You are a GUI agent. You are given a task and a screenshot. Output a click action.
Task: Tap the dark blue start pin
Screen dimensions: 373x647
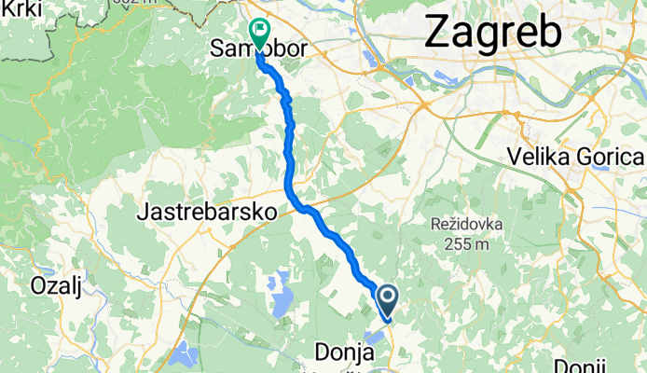tap(387, 298)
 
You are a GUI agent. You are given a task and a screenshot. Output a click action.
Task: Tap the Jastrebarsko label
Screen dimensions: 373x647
tap(206, 213)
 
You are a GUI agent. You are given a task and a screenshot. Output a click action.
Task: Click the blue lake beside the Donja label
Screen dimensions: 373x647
tap(377, 337)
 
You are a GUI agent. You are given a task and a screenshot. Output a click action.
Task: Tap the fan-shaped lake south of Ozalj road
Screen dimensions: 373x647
tap(184, 352)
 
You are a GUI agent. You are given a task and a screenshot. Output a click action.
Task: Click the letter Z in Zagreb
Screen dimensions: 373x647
tap(437, 34)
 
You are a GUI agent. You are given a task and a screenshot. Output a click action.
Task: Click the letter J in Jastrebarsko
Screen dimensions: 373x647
tap(142, 213)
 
